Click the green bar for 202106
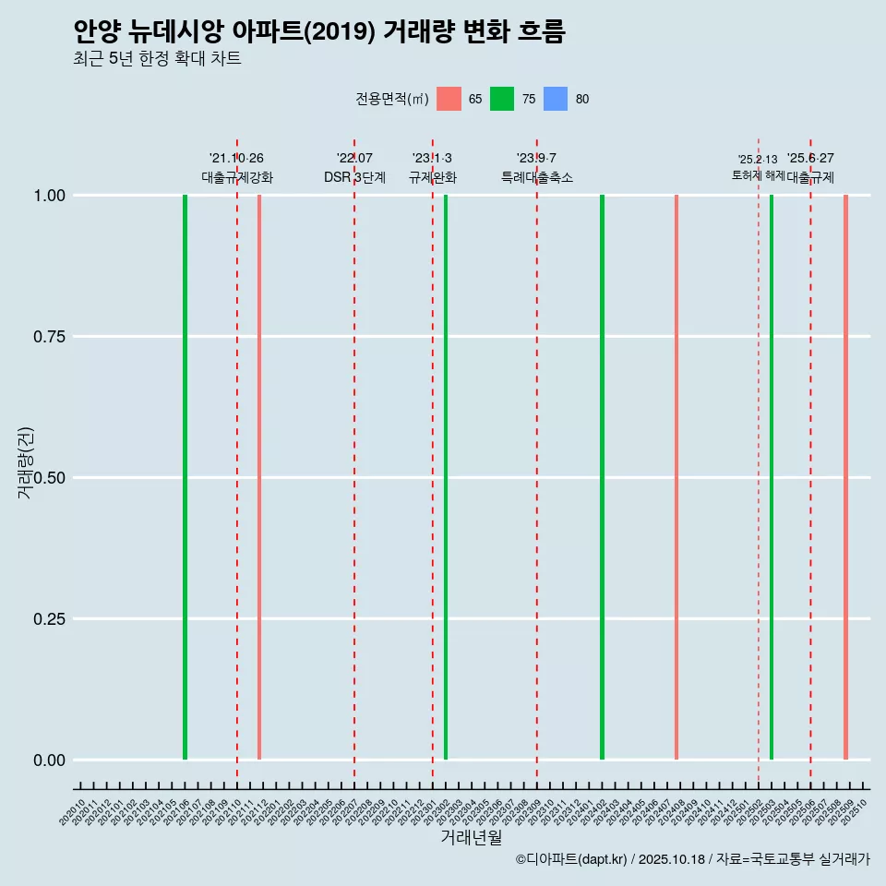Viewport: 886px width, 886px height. tap(185, 477)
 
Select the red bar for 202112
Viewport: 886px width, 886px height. tap(259, 477)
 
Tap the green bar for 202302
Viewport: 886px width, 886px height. tap(446, 477)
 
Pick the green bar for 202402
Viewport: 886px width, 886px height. tap(602, 477)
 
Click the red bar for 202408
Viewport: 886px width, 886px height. tap(676, 477)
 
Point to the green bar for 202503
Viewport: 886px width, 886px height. tap(772, 477)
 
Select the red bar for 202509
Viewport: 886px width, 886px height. tap(845, 477)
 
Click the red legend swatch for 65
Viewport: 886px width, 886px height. tap(449, 99)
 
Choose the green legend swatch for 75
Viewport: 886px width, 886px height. tap(502, 99)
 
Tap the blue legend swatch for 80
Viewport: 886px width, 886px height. tap(556, 99)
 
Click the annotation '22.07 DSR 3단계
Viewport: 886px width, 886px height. tap(354, 168)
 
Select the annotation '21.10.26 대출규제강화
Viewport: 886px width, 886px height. tap(237, 168)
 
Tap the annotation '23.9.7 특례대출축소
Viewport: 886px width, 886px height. tap(537, 168)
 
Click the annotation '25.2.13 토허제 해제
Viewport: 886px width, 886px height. tap(758, 167)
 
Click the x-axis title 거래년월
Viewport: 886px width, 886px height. tap(471, 838)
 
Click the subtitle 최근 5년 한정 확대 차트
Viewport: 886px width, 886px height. tap(157, 59)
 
